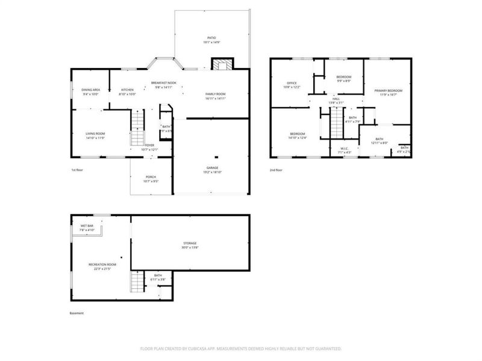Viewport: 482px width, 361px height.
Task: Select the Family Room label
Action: (x=215, y=94)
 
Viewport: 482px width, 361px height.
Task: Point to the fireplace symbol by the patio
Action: (x=222, y=65)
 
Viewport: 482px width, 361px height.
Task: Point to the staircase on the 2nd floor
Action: (x=336, y=126)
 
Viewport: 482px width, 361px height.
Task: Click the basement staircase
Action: (x=138, y=281)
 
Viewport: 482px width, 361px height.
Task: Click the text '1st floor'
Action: (x=77, y=171)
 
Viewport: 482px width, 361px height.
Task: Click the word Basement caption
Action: (x=77, y=313)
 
